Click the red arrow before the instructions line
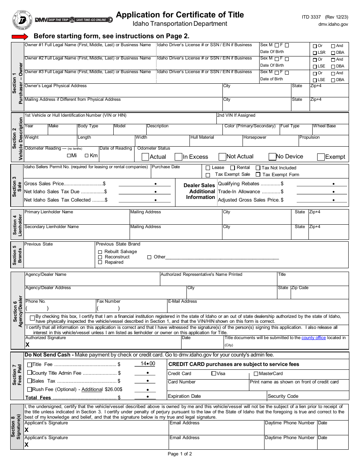(20, 37)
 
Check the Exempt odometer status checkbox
(321, 157)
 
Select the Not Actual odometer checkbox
(222, 157)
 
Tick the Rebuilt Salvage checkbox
(100, 252)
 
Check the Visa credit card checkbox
(214, 374)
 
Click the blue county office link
(313, 338)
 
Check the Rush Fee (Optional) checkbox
(30, 389)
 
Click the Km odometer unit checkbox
(86, 155)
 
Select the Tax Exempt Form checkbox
(258, 175)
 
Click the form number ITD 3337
(311, 17)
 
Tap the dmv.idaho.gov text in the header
(333, 24)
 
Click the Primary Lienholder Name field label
(49, 212)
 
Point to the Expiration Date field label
(184, 396)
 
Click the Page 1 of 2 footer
(180, 454)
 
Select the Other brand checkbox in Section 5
(149, 257)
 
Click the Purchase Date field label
(166, 167)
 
